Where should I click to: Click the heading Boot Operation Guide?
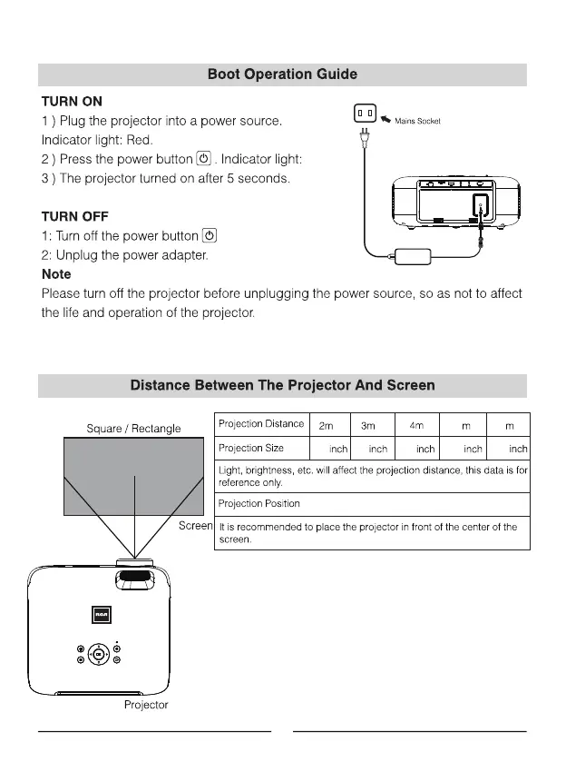click(282, 74)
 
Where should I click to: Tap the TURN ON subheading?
click(72, 101)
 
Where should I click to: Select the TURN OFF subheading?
click(74, 216)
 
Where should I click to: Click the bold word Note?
click(56, 274)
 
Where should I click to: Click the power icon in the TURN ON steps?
click(204, 159)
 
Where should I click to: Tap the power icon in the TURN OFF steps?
click(210, 236)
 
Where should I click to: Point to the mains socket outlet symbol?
click(365, 114)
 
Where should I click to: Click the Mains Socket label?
click(416, 121)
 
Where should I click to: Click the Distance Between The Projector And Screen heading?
click(282, 385)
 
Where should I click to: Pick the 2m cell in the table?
click(327, 425)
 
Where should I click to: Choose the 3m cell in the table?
click(368, 425)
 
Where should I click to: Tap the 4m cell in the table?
click(417, 425)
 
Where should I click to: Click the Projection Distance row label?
click(261, 425)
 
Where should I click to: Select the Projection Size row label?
click(251, 449)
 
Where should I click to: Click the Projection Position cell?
click(259, 503)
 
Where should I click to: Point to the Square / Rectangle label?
click(133, 429)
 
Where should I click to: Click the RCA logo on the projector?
click(100, 616)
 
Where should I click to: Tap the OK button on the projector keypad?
click(99, 655)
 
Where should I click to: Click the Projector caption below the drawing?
click(146, 705)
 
